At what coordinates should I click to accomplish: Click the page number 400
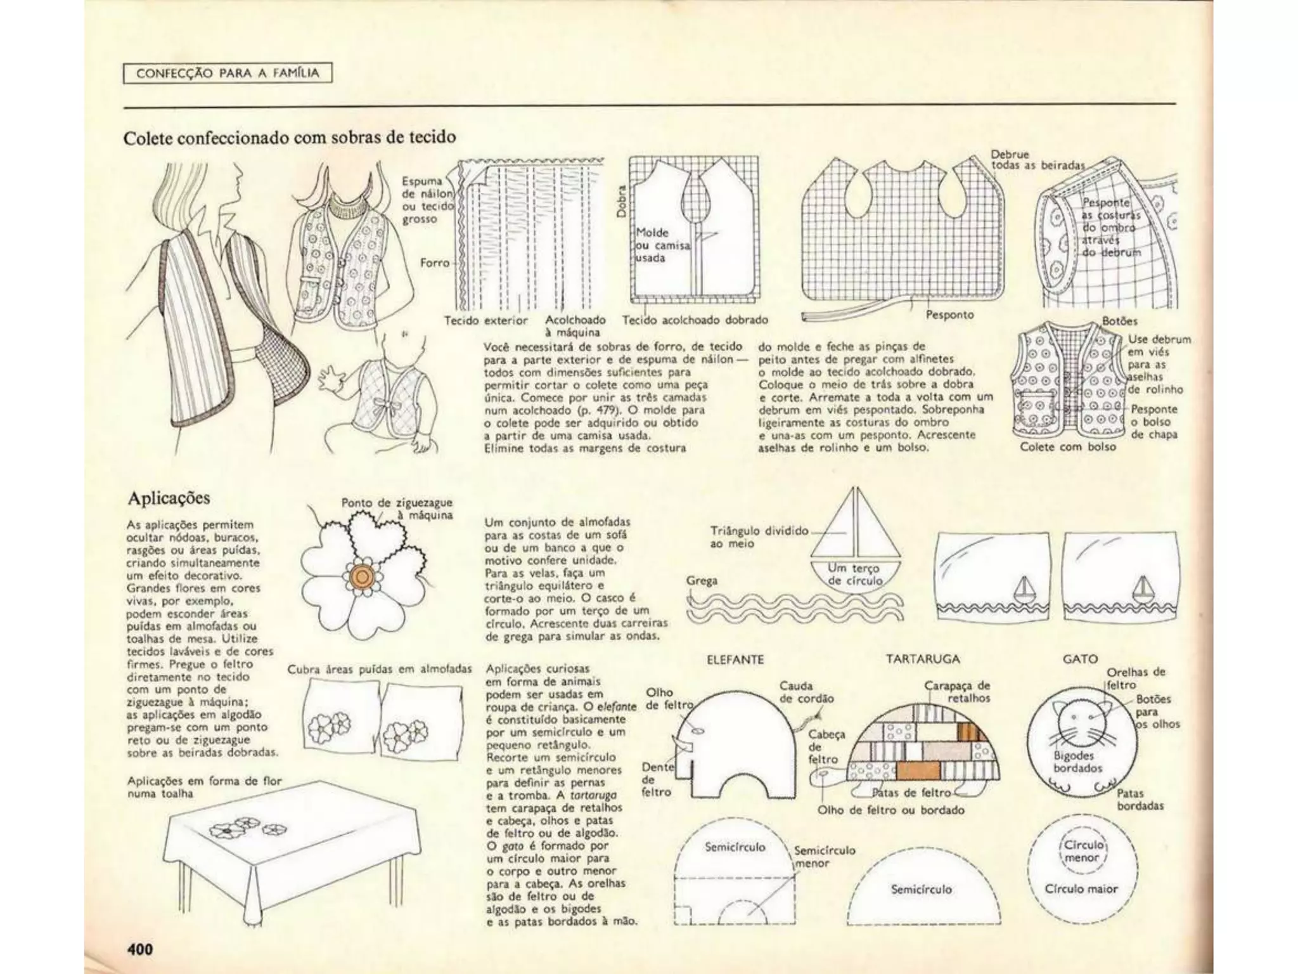(140, 949)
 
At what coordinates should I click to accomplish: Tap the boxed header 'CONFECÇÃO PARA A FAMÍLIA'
(227, 74)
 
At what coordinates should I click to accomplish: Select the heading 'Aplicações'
(169, 498)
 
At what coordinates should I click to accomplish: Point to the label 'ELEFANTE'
(735, 659)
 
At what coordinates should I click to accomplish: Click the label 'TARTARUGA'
(923, 659)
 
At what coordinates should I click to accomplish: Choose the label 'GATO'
(1080, 659)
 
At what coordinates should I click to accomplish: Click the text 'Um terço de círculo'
(855, 575)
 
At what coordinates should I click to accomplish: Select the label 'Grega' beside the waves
(702, 580)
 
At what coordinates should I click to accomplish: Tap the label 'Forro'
(435, 263)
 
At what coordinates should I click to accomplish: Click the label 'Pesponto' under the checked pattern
(949, 315)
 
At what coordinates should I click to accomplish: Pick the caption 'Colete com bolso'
(1068, 446)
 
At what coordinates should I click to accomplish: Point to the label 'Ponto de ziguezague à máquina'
(397, 509)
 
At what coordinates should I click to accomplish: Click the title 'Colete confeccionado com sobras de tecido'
(290, 138)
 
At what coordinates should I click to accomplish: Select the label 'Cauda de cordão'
(806, 692)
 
